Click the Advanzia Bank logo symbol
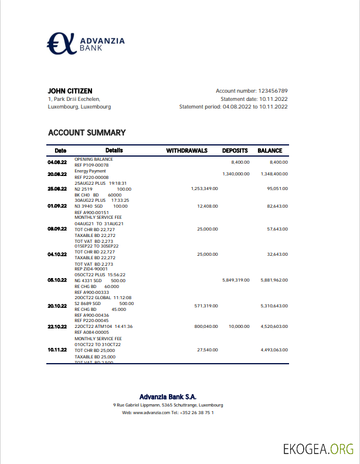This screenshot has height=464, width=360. (62, 43)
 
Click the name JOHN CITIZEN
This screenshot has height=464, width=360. (70, 91)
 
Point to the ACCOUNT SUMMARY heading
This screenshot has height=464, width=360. (87, 133)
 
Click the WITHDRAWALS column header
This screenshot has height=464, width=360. (187, 151)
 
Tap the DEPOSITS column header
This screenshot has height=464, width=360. (235, 151)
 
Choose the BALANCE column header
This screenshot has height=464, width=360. (270, 151)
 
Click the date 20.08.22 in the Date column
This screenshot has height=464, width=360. (57, 174)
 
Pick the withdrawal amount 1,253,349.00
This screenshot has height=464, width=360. (205, 189)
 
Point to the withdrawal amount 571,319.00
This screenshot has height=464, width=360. (206, 306)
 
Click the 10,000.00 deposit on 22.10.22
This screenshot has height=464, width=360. (239, 326)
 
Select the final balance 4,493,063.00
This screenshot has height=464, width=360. (274, 350)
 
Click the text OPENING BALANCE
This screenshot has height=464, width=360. (94, 159)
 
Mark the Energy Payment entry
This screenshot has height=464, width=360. (90, 171)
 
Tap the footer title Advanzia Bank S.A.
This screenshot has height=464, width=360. (168, 397)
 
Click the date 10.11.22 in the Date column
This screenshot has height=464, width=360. (57, 350)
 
